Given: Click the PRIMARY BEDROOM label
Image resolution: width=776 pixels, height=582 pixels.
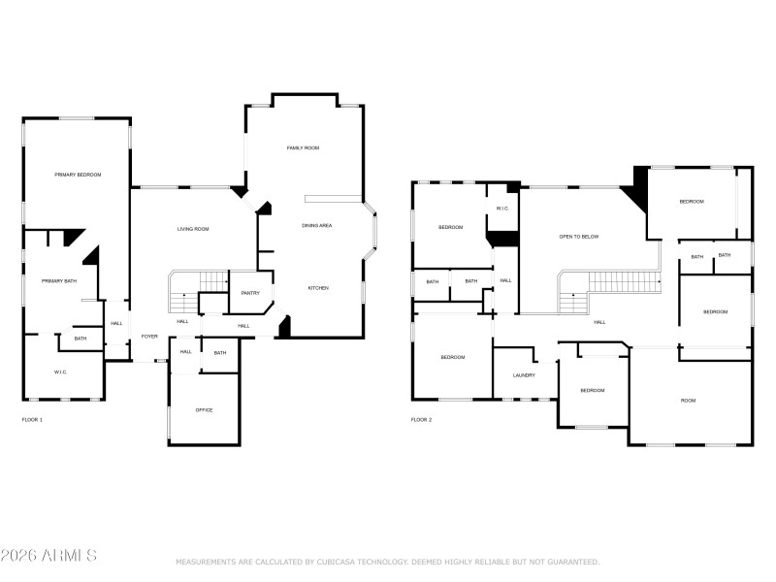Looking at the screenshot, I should click(x=78, y=175).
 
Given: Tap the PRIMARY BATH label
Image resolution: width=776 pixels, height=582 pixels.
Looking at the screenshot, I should click(x=58, y=281).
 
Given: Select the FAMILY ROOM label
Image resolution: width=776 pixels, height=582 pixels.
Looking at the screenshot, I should click(x=303, y=148).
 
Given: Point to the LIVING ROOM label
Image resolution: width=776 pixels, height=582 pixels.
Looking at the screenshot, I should click(x=193, y=230).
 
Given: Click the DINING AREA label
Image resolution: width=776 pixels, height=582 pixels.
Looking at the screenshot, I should click(x=317, y=226).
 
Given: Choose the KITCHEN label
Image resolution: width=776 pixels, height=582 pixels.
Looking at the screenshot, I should click(x=318, y=288).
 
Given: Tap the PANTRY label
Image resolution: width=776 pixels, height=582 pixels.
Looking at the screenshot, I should click(x=250, y=293).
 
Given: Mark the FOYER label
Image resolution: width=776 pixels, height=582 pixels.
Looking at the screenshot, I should click(x=149, y=337).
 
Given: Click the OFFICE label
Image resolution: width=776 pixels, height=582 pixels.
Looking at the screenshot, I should click(x=204, y=410).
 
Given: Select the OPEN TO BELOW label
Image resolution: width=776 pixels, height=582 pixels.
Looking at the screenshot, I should click(x=578, y=237).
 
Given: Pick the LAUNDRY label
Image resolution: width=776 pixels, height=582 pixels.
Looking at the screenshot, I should click(x=524, y=375).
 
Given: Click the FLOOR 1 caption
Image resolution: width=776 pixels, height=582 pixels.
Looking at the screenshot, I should click(x=32, y=420).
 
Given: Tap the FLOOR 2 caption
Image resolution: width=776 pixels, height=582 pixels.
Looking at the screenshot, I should click(x=421, y=420).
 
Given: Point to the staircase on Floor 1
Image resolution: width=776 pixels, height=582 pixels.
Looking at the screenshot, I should click(x=199, y=284).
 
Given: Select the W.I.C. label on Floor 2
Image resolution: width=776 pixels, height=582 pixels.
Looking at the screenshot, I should click(x=502, y=209).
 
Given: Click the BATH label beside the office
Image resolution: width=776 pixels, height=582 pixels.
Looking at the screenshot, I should click(x=220, y=353).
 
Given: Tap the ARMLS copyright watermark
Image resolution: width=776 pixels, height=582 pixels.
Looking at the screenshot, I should click(x=48, y=556).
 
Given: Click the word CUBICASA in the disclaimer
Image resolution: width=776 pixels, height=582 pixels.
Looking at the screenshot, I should click(x=339, y=562).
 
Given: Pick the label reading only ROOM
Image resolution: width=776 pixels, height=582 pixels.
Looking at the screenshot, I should click(x=688, y=401).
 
